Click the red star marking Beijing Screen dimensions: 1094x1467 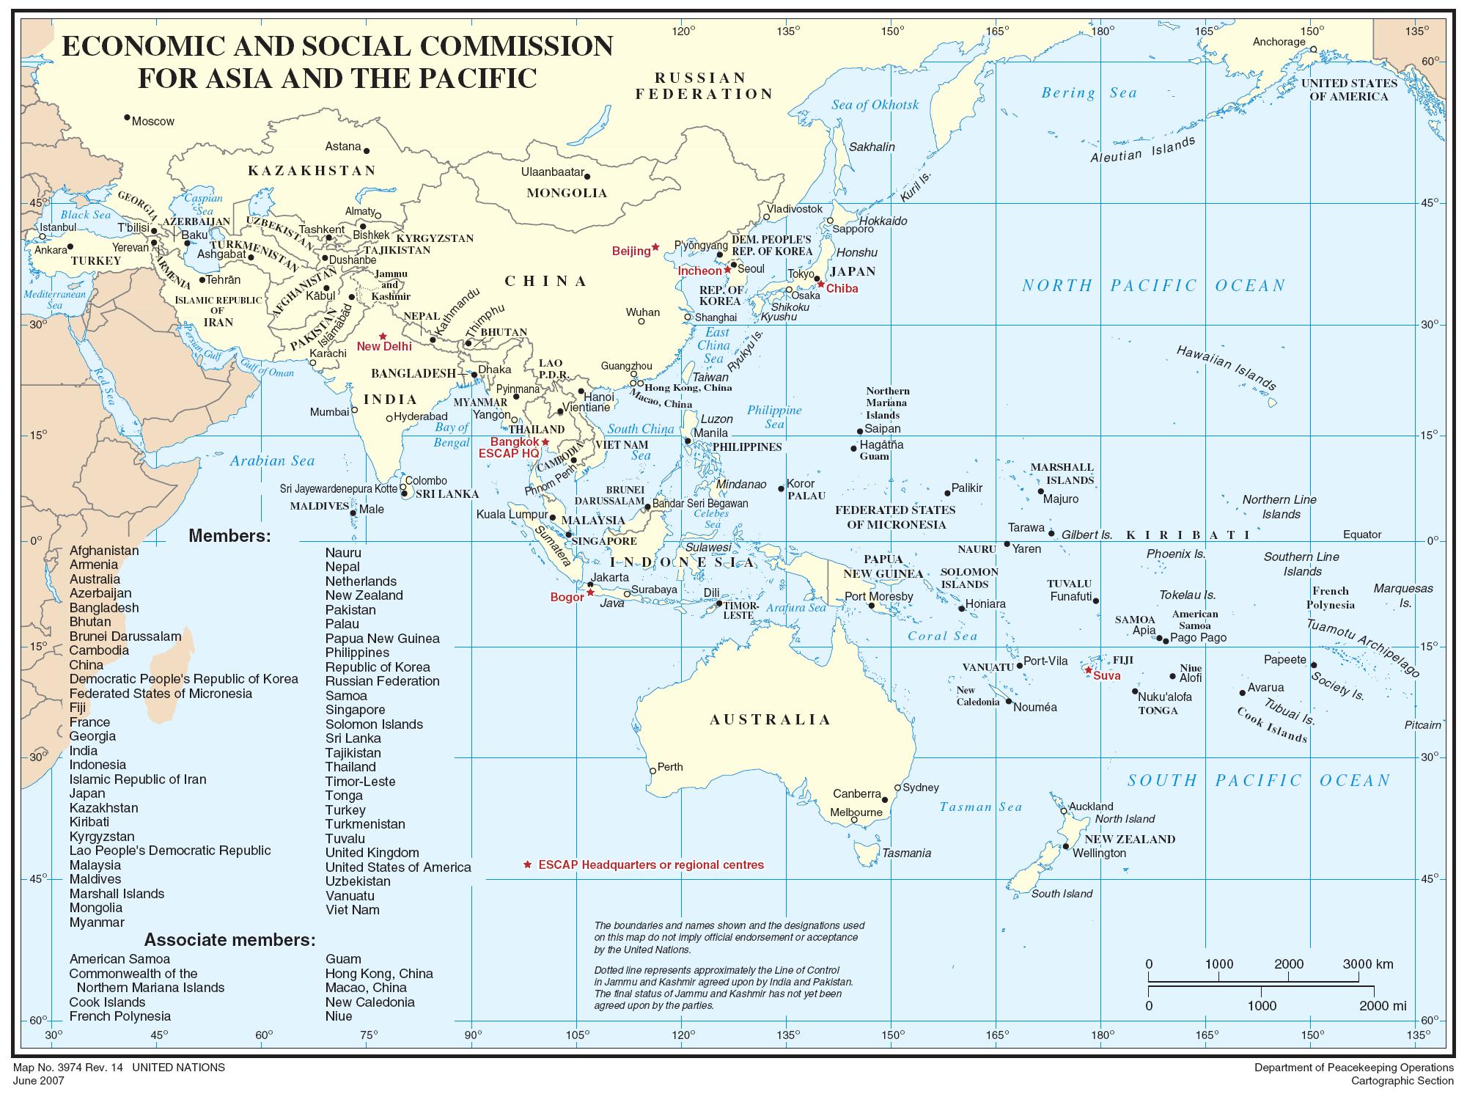[x=655, y=247]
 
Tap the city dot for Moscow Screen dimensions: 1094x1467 [x=127, y=117]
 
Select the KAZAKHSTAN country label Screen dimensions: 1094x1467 [x=312, y=171]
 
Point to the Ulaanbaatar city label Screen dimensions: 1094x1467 [x=552, y=172]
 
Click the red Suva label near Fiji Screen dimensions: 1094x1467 [x=1106, y=676]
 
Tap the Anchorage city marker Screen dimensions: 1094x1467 [x=1313, y=50]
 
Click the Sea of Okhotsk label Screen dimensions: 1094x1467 [x=875, y=105]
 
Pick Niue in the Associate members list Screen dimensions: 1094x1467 [x=339, y=1016]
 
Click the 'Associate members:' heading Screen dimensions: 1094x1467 [x=229, y=940]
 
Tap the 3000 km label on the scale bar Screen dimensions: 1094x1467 [x=1367, y=964]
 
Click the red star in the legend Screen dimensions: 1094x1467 [x=527, y=864]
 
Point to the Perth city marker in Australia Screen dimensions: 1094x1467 [x=652, y=771]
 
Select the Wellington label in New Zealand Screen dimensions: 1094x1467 [x=1099, y=853]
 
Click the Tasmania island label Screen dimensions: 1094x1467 [x=906, y=853]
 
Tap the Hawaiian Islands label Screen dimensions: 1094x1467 [x=1226, y=367]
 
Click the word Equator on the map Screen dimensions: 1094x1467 [x=1361, y=535]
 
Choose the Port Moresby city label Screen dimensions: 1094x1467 [x=878, y=596]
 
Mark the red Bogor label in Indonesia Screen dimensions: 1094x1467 [x=567, y=598]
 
